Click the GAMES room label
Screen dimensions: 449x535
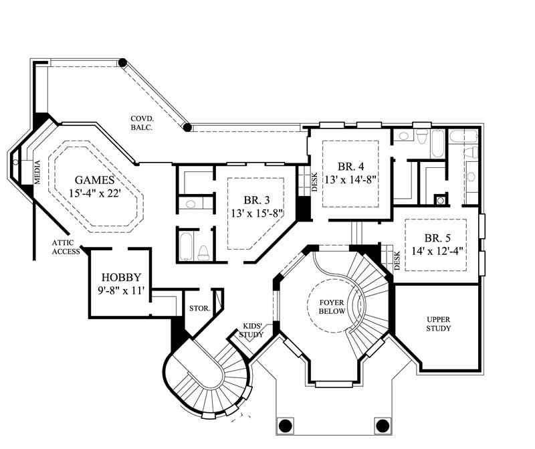95,181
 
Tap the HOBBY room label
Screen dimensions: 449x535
121,278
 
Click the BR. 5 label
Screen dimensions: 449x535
439,238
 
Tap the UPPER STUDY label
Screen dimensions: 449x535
439,324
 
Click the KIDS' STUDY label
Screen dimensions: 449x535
252,330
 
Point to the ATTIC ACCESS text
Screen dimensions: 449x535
67,248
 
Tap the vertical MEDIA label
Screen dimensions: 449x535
37,171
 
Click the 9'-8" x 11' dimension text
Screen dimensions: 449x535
121,291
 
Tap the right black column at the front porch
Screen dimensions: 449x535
383,425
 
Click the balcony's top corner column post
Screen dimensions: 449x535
122,63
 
